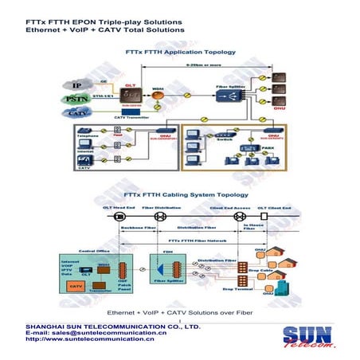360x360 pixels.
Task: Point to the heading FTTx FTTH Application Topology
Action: (x=181, y=52)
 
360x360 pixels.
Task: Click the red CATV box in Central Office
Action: (x=76, y=285)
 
